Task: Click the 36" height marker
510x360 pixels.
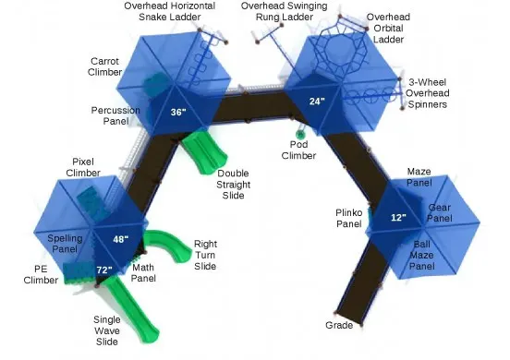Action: coord(178,113)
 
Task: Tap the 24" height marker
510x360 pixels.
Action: coord(317,102)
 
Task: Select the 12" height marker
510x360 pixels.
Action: coord(398,218)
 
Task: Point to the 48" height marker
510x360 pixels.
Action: coord(120,238)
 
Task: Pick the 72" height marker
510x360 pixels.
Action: coord(103,270)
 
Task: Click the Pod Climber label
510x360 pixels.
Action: coord(299,150)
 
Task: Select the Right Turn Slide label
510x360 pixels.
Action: coord(205,256)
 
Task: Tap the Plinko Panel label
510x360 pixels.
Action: coord(348,218)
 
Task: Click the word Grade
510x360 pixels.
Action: coord(339,326)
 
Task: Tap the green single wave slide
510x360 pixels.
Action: coord(125,300)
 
